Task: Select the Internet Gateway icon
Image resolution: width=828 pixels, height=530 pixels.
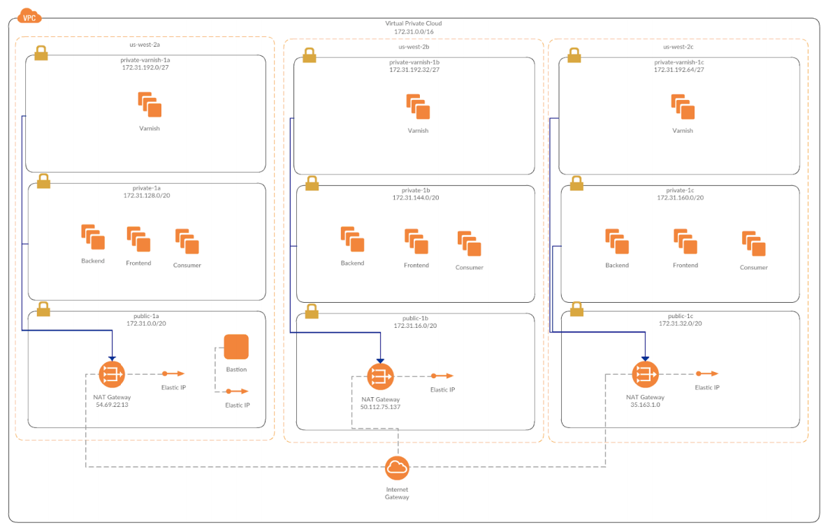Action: [x=397, y=468]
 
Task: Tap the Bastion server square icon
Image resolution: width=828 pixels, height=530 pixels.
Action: [x=236, y=347]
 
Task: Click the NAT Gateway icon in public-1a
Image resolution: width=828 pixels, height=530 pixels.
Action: [x=112, y=375]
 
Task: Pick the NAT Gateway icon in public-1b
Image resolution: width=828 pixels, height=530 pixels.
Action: [x=380, y=377]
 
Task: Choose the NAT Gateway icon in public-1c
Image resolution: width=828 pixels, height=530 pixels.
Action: [x=645, y=374]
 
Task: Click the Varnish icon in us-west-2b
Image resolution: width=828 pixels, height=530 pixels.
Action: [x=418, y=107]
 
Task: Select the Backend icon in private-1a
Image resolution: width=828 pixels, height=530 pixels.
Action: [x=93, y=238]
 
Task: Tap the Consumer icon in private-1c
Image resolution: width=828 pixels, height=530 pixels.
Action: [x=753, y=244]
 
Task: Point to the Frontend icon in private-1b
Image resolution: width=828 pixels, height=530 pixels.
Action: [x=416, y=241]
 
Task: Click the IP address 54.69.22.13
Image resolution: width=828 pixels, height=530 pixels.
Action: [x=112, y=405]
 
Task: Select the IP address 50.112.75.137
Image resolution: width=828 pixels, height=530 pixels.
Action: [x=380, y=406]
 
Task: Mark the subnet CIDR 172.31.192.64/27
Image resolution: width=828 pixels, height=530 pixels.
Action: [x=678, y=70]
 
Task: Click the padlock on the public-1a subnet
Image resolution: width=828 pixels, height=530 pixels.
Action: [x=43, y=308]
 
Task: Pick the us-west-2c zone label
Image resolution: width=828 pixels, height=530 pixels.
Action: [x=678, y=47]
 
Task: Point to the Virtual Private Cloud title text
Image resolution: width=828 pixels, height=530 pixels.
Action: [x=413, y=23]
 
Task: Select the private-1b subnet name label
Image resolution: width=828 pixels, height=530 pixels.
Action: [x=416, y=190]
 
